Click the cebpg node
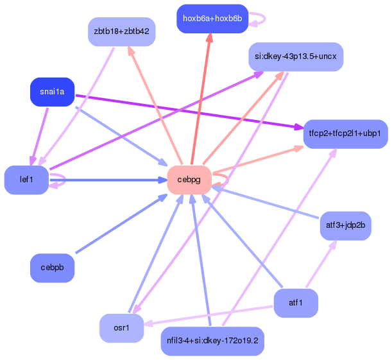(x=189, y=180)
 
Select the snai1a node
(x=52, y=92)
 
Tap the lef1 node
(x=26, y=180)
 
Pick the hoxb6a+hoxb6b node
(x=212, y=19)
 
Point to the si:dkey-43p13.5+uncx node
(x=296, y=56)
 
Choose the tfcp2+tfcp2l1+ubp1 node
(x=345, y=133)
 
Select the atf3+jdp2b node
(x=346, y=225)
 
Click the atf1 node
(x=296, y=303)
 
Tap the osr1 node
(x=121, y=328)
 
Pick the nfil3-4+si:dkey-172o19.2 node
(x=212, y=341)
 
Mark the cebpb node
(x=52, y=268)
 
